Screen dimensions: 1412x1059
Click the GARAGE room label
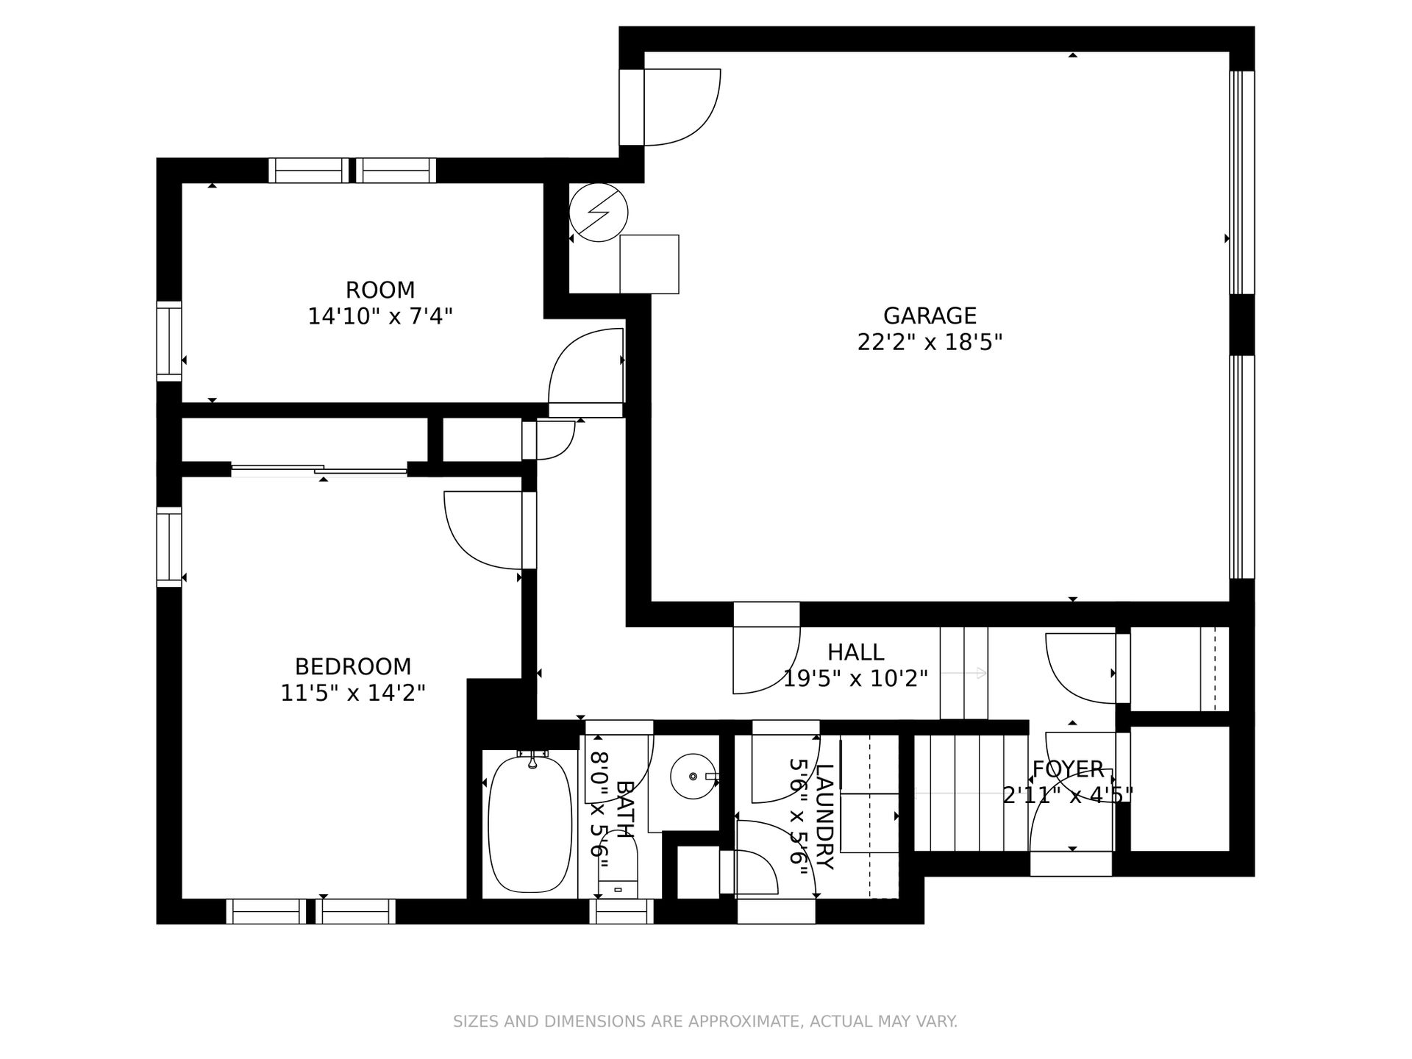pyautogui.click(x=930, y=315)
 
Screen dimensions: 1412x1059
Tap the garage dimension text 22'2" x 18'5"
pyautogui.click(x=930, y=343)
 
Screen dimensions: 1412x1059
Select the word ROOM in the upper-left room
pyautogui.click(x=380, y=290)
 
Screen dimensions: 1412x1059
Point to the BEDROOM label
pyautogui.click(x=353, y=667)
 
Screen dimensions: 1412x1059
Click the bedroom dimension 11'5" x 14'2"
pyautogui.click(x=353, y=693)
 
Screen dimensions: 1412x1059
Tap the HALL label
pyautogui.click(x=856, y=652)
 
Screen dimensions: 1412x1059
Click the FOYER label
pyautogui.click(x=1068, y=769)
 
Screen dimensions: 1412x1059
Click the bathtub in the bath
pyautogui.click(x=529, y=824)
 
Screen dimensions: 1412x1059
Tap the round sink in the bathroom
pyautogui.click(x=693, y=776)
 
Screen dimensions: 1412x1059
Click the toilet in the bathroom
pyautogui.click(x=617, y=860)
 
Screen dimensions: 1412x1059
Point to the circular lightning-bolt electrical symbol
pyautogui.click(x=599, y=213)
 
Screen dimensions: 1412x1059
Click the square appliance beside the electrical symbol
pyautogui.click(x=649, y=265)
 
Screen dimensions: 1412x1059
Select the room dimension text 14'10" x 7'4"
pyautogui.click(x=380, y=317)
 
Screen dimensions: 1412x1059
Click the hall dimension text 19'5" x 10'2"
pyautogui.click(x=855, y=679)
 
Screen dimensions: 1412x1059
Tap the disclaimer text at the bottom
pyautogui.click(x=705, y=1021)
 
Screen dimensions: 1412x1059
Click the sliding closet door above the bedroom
pyautogui.click(x=319, y=469)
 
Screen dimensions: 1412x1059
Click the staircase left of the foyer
pyautogui.click(x=971, y=793)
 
